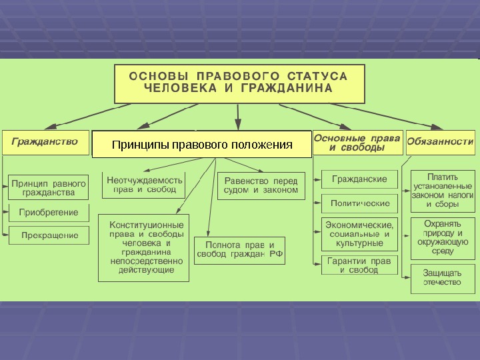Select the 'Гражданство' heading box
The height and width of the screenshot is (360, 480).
[x=45, y=142]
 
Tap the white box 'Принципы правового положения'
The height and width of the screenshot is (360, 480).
[x=202, y=145]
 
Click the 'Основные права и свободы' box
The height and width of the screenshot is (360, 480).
[x=357, y=143]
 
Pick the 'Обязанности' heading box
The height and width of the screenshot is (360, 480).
[x=440, y=142]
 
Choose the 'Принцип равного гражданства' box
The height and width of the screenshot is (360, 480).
[x=49, y=187]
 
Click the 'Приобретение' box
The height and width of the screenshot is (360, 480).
[x=49, y=213]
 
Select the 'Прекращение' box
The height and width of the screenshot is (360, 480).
[x=49, y=235]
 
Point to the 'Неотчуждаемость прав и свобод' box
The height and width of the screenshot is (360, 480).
[x=143, y=185]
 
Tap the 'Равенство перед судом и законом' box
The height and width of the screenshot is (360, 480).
[x=261, y=185]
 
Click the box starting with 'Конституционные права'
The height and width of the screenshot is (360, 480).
[x=144, y=247]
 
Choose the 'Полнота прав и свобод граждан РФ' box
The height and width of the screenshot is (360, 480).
[x=239, y=251]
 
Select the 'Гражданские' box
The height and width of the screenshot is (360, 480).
[x=359, y=179]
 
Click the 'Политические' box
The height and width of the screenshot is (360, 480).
[x=359, y=202]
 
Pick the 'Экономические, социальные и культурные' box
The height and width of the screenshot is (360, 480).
[x=359, y=234]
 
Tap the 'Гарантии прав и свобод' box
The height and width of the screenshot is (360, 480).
[x=359, y=265]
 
